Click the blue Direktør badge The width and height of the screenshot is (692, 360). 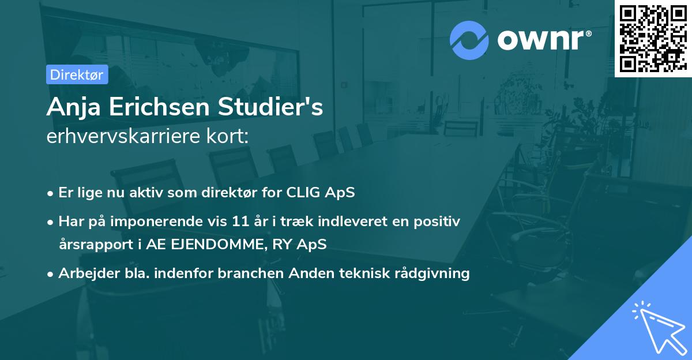(77, 74)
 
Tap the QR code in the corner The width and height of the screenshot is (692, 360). (653, 39)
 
